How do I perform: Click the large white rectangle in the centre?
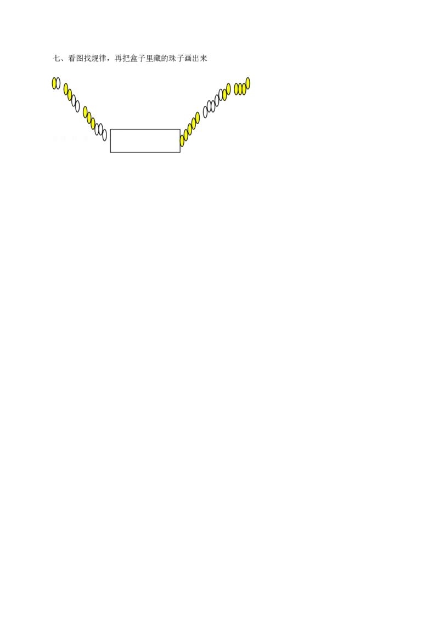pyautogui.click(x=145, y=140)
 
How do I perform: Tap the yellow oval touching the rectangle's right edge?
pyautogui.click(x=182, y=141)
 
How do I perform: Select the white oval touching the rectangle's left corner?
pyautogui.click(x=105, y=135)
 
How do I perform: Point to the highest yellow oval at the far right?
pyautogui.click(x=247, y=83)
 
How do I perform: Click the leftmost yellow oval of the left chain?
pyautogui.click(x=54, y=83)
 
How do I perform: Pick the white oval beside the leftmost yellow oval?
pyautogui.click(x=59, y=83)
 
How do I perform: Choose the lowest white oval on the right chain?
pyautogui.click(x=205, y=112)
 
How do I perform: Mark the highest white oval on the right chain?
pyautogui.click(x=221, y=95)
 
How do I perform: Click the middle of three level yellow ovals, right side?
pyautogui.click(x=240, y=89)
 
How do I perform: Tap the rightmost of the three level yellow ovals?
pyautogui.click(x=244, y=89)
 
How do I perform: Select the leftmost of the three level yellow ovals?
pyautogui.click(x=236, y=89)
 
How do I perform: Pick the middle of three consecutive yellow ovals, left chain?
pyautogui.click(x=89, y=118)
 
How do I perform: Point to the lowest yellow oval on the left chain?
pyautogui.click(x=93, y=123)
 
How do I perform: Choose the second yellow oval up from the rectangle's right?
pyautogui.click(x=186, y=135)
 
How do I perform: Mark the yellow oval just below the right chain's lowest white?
pyautogui.click(x=198, y=117)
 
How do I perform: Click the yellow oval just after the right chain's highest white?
pyautogui.click(x=224, y=94)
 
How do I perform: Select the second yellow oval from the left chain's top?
pyautogui.click(x=66, y=89)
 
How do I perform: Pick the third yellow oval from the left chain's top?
pyautogui.click(x=70, y=95)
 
